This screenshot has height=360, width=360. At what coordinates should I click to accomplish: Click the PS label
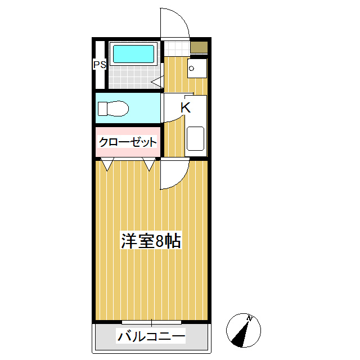[100, 65]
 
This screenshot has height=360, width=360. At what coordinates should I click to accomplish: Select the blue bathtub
[133, 55]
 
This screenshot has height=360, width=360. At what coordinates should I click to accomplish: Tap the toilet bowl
[115, 108]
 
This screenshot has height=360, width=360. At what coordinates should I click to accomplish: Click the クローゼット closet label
[128, 142]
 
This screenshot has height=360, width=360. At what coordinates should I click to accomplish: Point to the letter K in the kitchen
[185, 107]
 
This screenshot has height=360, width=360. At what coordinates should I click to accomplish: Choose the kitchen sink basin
[195, 138]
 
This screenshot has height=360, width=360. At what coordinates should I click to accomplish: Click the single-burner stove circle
[192, 69]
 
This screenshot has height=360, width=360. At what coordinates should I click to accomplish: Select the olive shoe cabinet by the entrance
[198, 47]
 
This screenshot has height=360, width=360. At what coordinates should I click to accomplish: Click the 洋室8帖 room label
[151, 241]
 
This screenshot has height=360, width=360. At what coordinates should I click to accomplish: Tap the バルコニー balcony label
[151, 337]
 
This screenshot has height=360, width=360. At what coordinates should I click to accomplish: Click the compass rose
[244, 330]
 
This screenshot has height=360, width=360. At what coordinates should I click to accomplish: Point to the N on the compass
[251, 319]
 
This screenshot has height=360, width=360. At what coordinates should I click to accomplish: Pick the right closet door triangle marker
[149, 165]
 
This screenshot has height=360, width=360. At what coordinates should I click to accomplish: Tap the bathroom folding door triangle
[157, 82]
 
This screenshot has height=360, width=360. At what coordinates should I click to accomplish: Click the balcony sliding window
[151, 322]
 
